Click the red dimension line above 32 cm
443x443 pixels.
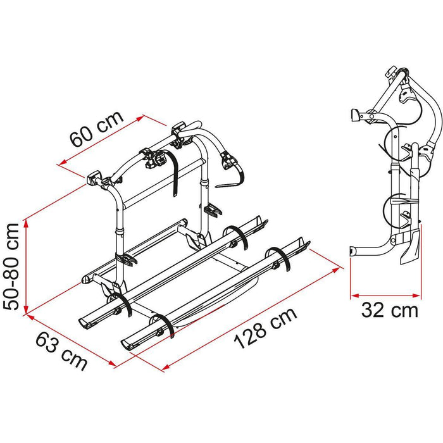[x=385, y=294]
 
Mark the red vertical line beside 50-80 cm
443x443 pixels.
[x=26, y=266]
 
